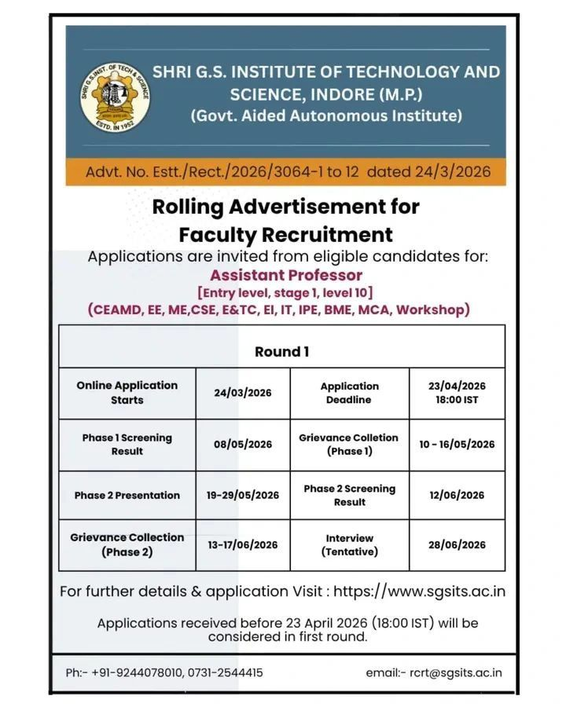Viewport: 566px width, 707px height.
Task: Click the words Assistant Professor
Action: click(286, 275)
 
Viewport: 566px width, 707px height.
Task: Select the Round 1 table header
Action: click(281, 352)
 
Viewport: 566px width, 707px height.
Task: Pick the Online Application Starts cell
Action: click(127, 393)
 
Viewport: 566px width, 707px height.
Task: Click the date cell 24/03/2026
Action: click(242, 393)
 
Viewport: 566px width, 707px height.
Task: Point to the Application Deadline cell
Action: click(350, 393)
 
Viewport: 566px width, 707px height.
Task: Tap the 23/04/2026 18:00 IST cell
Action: click(457, 393)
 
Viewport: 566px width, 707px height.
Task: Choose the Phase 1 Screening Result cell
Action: click(127, 445)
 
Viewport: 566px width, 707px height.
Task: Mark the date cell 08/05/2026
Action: click(242, 445)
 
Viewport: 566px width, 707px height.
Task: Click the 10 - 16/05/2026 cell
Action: click(457, 445)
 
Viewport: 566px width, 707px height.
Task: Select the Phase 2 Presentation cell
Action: click(127, 496)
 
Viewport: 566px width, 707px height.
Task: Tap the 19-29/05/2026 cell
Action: click(242, 496)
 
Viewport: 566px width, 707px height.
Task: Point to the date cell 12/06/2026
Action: click(457, 496)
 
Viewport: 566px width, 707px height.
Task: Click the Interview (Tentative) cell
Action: click(350, 544)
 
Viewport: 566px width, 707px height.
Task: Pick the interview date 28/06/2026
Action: click(457, 544)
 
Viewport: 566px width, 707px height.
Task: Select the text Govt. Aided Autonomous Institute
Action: click(326, 116)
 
